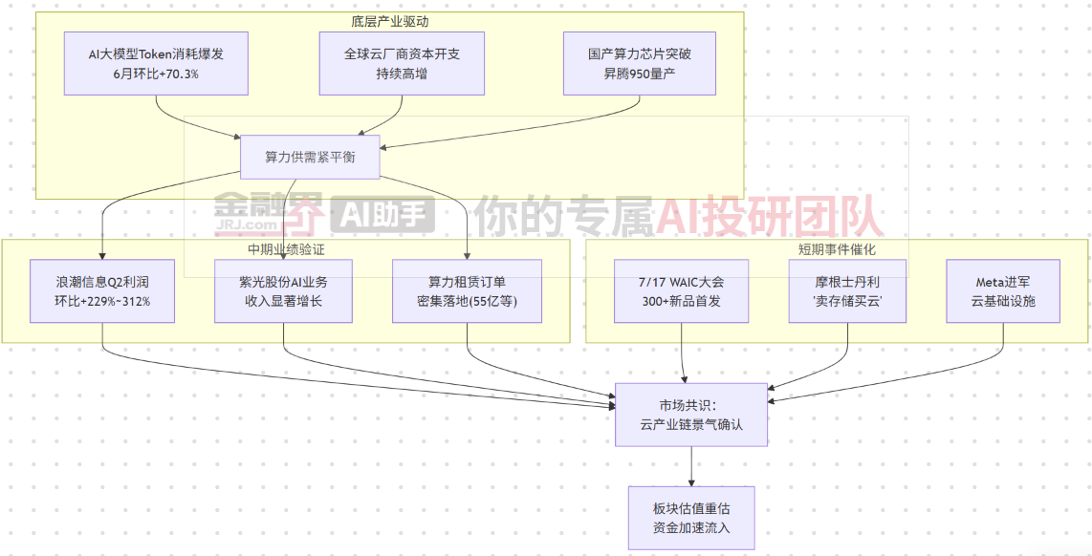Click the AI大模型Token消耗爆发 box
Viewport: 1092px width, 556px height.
coord(155,63)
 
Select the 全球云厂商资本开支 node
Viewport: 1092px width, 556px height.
coord(402,63)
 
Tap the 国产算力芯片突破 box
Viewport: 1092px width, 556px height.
coord(640,63)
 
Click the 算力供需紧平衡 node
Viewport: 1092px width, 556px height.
coord(310,157)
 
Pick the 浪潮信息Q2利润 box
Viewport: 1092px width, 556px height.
coord(102,290)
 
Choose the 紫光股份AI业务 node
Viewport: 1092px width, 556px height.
coord(283,290)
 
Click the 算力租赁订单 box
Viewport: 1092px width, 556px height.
coord(467,290)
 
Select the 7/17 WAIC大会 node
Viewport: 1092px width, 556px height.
coord(681,290)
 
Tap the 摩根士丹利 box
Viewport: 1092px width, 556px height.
coord(847,290)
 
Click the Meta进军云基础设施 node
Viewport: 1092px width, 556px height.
coord(1003,290)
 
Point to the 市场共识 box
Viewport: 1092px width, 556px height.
coord(691,415)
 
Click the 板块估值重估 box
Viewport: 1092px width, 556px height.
coord(691,518)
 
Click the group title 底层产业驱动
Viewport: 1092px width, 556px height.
coord(390,21)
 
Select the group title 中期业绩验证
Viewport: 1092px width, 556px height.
coord(286,249)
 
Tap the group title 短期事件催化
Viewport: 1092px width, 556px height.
coord(837,249)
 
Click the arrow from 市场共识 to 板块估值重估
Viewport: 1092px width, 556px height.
coord(691,466)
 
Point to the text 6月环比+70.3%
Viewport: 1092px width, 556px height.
coord(155,73)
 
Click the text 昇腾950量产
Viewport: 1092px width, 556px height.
coord(640,73)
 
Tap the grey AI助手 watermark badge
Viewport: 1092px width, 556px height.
coord(383,214)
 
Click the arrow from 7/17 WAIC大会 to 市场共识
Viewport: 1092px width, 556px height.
coord(683,353)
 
